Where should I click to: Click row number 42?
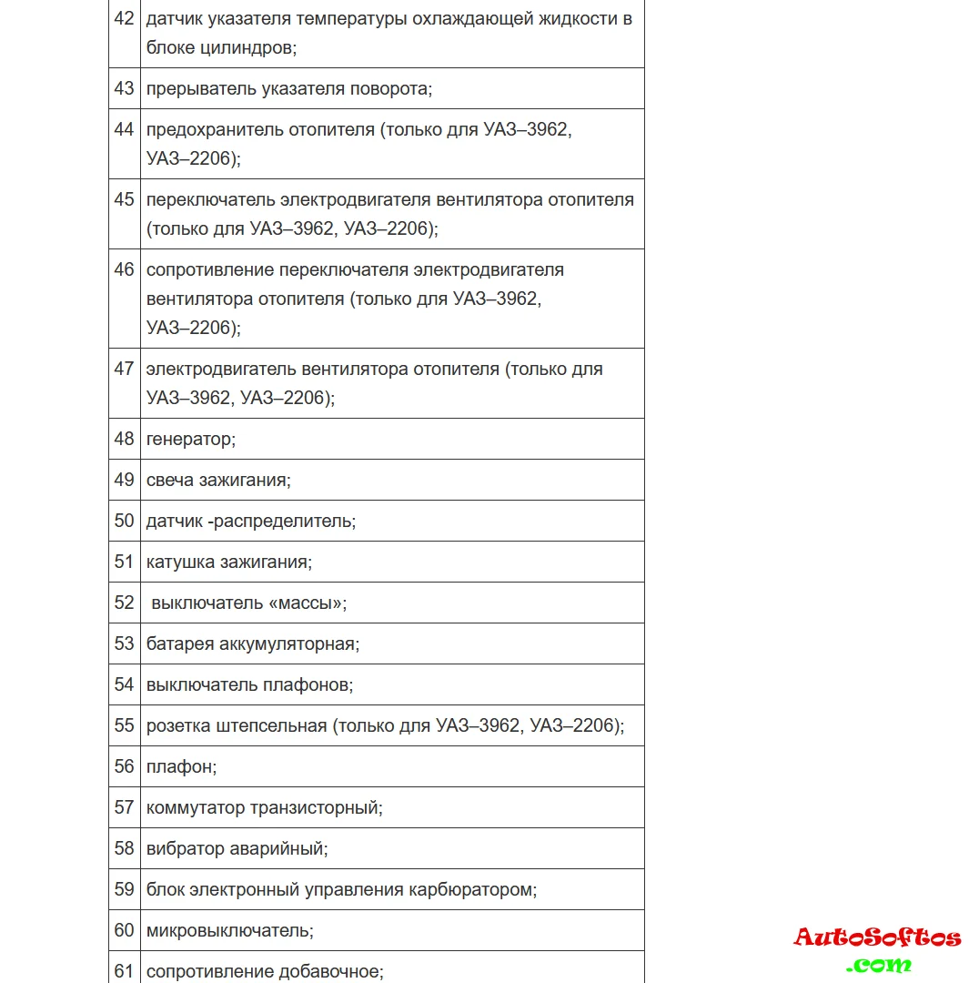[x=124, y=18]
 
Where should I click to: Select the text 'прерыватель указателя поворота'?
[x=288, y=89]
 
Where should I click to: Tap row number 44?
[x=124, y=129]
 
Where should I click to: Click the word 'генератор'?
[x=189, y=440]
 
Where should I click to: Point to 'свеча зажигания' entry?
[x=217, y=481]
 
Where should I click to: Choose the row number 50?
[x=124, y=521]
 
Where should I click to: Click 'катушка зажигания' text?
[x=227, y=562]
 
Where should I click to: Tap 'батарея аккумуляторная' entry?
[x=251, y=644]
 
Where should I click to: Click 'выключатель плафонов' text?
[x=248, y=684]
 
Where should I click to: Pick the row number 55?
[x=124, y=725]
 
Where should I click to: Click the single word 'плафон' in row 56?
[x=179, y=766]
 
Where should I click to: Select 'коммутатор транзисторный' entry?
[x=263, y=807]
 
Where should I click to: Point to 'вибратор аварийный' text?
[x=236, y=848]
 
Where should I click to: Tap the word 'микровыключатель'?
[x=227, y=930]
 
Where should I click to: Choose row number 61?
[x=124, y=971]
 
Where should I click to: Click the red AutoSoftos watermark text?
[x=877, y=937]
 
